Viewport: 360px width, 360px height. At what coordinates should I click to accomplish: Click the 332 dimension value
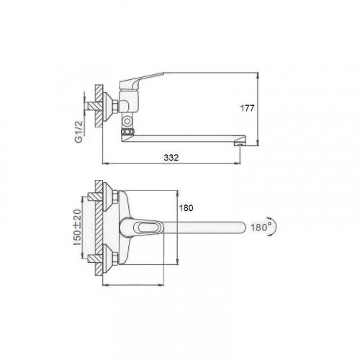click(x=171, y=158)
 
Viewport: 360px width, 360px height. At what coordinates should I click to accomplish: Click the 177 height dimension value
click(x=247, y=108)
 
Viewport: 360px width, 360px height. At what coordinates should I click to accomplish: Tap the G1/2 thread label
click(x=79, y=132)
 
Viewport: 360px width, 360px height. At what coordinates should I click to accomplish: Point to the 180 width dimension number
click(x=186, y=208)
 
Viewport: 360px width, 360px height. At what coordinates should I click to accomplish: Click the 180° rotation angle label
click(x=259, y=227)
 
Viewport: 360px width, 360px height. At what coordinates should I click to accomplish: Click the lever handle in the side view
click(x=141, y=81)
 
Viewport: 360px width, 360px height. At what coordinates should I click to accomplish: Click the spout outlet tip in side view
click(x=239, y=144)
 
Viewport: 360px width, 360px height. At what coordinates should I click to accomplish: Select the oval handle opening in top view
click(x=147, y=227)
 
